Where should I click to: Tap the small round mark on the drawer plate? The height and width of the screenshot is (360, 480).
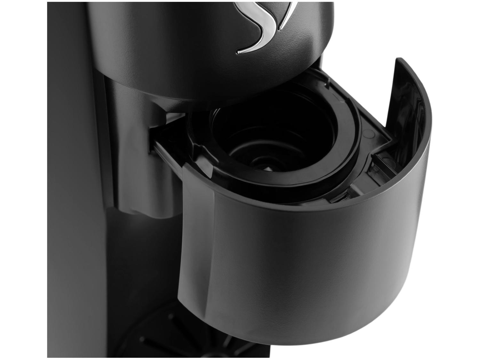[x=368, y=132]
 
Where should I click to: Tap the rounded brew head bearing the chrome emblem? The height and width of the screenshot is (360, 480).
[x=192, y=48]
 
